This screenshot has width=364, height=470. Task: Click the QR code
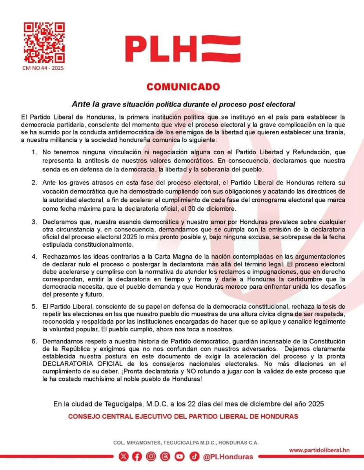click(x=44, y=43)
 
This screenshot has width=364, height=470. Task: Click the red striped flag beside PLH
click(x=220, y=49)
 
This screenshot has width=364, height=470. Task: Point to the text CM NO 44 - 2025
click(x=43, y=68)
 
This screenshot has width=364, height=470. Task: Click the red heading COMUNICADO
click(x=183, y=87)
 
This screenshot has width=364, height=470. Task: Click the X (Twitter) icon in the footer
click(x=123, y=456)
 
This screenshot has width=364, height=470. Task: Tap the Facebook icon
click(x=137, y=456)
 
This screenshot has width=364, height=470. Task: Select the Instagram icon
click(x=151, y=456)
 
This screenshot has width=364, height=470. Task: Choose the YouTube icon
click(x=180, y=456)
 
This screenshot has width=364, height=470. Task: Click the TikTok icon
click(x=194, y=456)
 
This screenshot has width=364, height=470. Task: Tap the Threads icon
click(x=165, y=456)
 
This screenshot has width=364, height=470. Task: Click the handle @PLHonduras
click(x=228, y=457)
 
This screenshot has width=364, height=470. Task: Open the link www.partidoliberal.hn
click(x=319, y=450)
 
